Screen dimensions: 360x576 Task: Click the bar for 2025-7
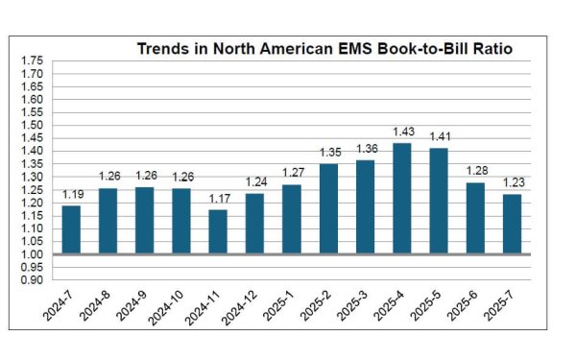tap(512, 224)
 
